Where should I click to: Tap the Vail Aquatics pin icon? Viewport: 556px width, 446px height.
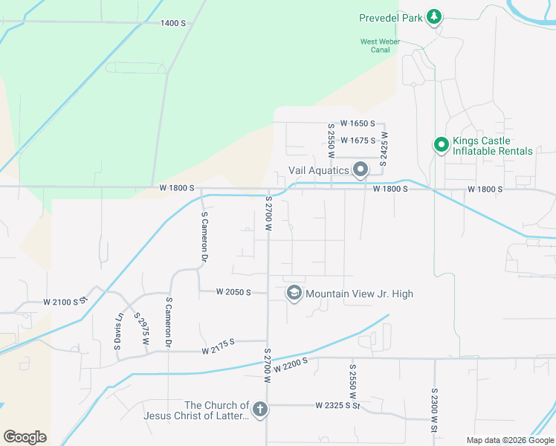[361, 170]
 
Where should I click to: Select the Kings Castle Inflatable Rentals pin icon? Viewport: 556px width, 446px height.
[441, 145]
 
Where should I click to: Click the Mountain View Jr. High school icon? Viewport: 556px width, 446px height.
[294, 294]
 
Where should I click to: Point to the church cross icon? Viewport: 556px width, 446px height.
[259, 409]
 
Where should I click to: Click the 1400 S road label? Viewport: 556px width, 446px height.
[172, 23]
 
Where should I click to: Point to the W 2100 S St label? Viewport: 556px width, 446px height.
[65, 302]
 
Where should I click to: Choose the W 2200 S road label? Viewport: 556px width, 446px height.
[290, 364]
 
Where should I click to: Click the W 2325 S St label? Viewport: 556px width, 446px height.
[337, 406]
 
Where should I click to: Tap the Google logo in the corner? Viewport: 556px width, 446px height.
[25, 437]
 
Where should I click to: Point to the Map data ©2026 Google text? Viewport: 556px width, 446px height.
[509, 440]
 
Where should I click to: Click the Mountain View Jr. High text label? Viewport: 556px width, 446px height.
[359, 294]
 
